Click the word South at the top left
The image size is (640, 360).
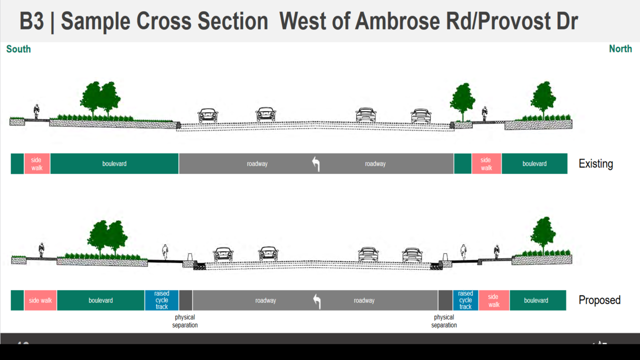tap(18, 49)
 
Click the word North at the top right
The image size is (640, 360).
tap(620, 49)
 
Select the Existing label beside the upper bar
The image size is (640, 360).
tap(595, 164)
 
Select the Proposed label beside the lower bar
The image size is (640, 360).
tap(599, 300)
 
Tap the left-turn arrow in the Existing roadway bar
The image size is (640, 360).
tap(315, 164)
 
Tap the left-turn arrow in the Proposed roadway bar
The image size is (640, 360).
tap(316, 300)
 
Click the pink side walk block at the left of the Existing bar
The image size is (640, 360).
tap(36, 164)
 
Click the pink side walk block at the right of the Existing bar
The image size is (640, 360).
tap(486, 164)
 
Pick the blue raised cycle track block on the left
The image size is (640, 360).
tap(161, 300)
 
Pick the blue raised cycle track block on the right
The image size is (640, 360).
tap(465, 300)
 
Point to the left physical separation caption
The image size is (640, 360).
tap(185, 321)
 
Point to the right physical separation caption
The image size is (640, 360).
tap(444, 321)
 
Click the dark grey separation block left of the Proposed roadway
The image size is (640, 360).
tap(185, 300)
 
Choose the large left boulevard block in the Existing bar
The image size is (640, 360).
tap(114, 164)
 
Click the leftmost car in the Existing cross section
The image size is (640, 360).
tap(208, 115)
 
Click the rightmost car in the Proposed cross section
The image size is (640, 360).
tap(412, 254)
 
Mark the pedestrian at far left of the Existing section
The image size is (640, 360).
tap(36, 111)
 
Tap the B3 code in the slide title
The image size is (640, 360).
tap(31, 21)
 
